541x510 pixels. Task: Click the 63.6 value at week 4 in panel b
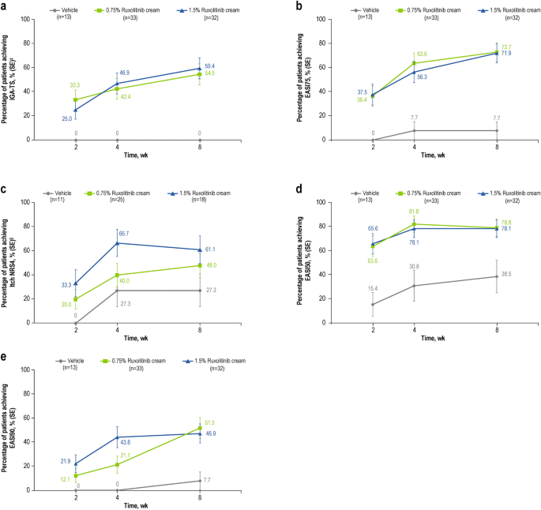coord(422,54)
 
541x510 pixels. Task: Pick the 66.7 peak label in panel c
coord(124,234)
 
